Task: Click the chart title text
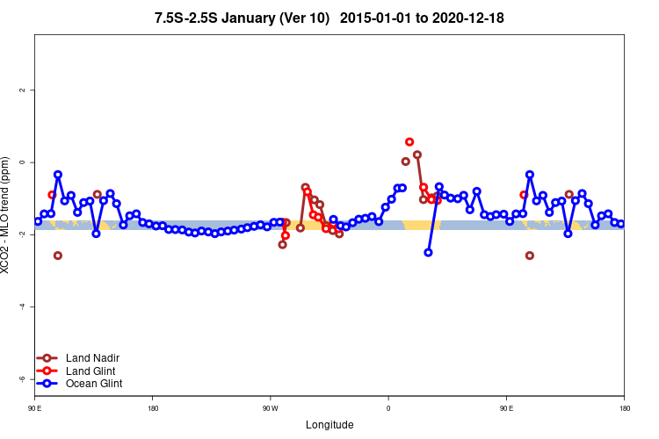pyautogui.click(x=329, y=18)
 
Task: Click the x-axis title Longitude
pyautogui.click(x=329, y=425)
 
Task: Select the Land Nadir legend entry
pyautogui.click(x=92, y=358)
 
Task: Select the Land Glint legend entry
pyautogui.click(x=91, y=371)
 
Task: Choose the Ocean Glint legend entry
pyautogui.click(x=94, y=384)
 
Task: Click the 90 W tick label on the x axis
pyautogui.click(x=270, y=408)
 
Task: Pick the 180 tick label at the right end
pyautogui.click(x=624, y=408)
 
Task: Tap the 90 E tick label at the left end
pyautogui.click(x=34, y=408)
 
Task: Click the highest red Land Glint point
pyautogui.click(x=409, y=141)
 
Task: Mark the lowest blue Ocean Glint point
pyautogui.click(x=428, y=252)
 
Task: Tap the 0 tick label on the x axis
pyautogui.click(x=387, y=408)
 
